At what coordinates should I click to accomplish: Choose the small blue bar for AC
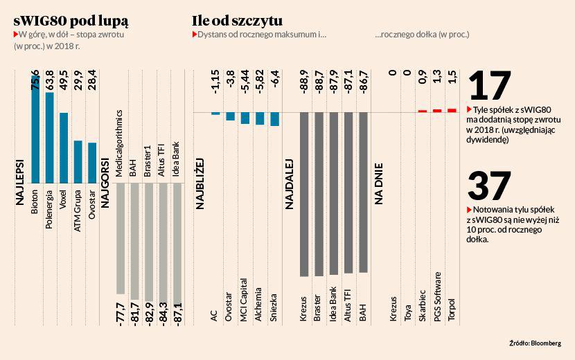coord(215,114)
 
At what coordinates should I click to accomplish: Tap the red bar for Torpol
coord(452,110)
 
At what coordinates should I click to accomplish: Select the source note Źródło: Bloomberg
coord(533,343)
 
